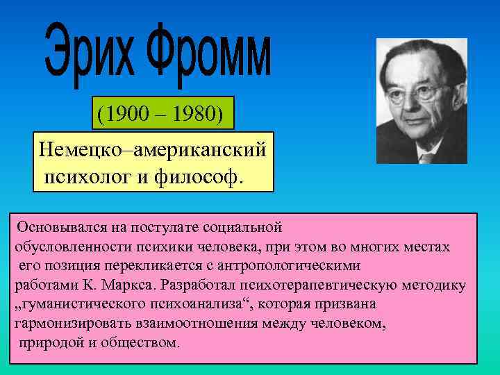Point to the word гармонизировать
[68, 324]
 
